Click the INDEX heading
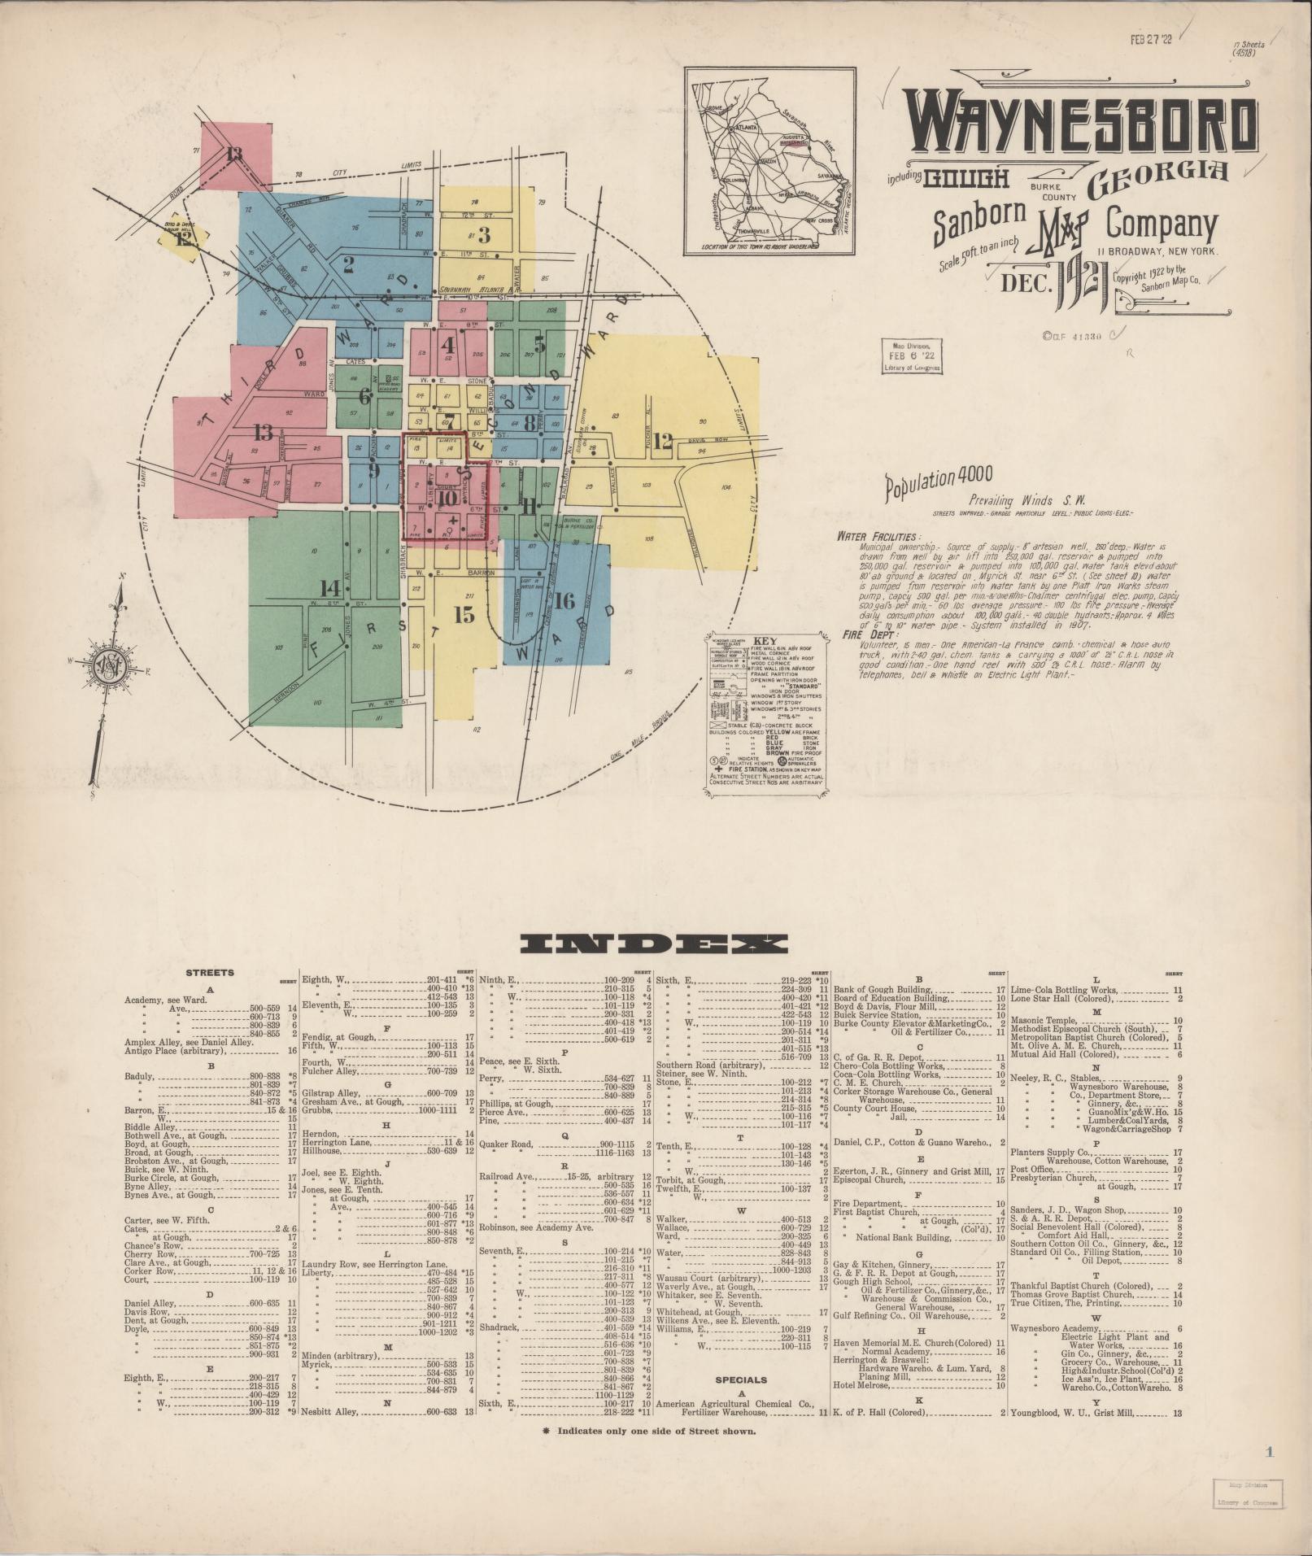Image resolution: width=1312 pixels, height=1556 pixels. click(x=654, y=944)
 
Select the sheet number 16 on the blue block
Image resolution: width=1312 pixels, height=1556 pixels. click(x=565, y=601)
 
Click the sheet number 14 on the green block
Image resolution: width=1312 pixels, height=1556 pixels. click(x=330, y=587)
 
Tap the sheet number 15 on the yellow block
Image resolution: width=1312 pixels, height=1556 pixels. click(x=464, y=614)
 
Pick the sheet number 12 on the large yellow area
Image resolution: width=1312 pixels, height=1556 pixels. click(x=662, y=442)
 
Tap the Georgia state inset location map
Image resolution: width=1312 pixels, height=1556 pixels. click(x=769, y=161)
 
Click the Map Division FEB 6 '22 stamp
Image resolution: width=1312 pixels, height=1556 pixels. click(x=912, y=356)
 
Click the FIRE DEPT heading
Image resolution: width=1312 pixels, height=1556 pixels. click(x=863, y=636)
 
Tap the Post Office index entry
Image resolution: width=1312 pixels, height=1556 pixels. click(x=1033, y=1169)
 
